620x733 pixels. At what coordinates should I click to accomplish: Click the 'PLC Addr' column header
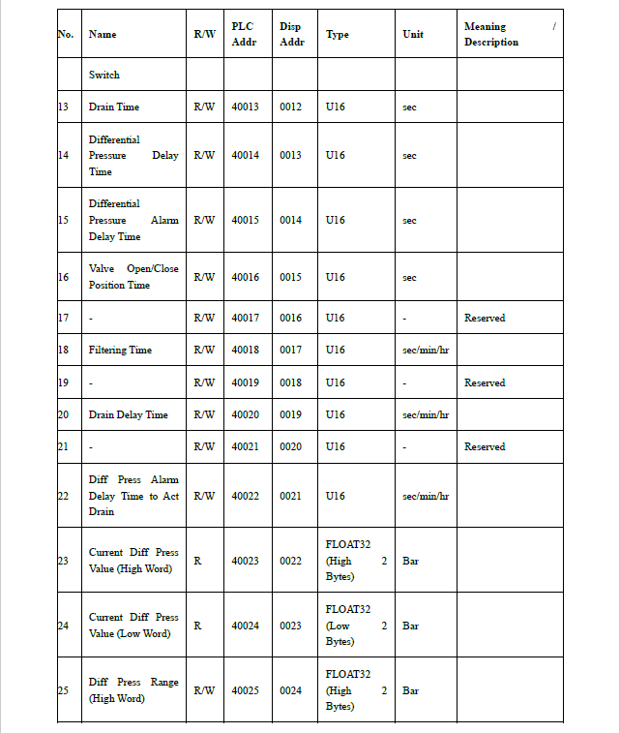(244, 34)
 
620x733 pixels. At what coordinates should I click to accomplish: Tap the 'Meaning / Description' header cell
(509, 34)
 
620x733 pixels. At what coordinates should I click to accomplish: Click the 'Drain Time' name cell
(114, 107)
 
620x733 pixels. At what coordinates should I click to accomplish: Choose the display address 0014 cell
(290, 220)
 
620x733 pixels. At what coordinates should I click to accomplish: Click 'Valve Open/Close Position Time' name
(133, 277)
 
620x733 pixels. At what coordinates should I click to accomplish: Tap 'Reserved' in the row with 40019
(485, 382)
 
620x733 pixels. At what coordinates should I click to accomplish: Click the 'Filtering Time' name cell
(120, 350)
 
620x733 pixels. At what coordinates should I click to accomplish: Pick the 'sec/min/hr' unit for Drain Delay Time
(425, 414)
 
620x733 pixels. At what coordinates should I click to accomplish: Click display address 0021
(290, 496)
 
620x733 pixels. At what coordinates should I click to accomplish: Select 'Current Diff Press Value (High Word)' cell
(133, 561)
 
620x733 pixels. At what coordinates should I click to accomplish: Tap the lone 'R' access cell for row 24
(197, 626)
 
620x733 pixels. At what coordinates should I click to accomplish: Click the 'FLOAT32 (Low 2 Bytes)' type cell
(355, 626)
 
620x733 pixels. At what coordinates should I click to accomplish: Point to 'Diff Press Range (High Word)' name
(133, 690)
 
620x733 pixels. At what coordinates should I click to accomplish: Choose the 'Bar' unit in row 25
(410, 690)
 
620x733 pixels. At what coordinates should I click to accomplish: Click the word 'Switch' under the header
(104, 75)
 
